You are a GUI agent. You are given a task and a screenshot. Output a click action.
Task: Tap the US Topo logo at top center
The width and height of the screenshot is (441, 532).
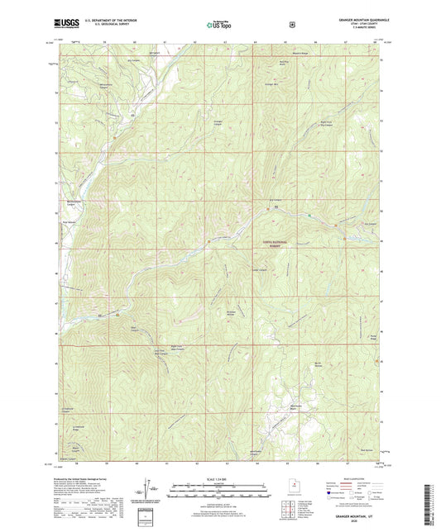(x=219, y=26)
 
